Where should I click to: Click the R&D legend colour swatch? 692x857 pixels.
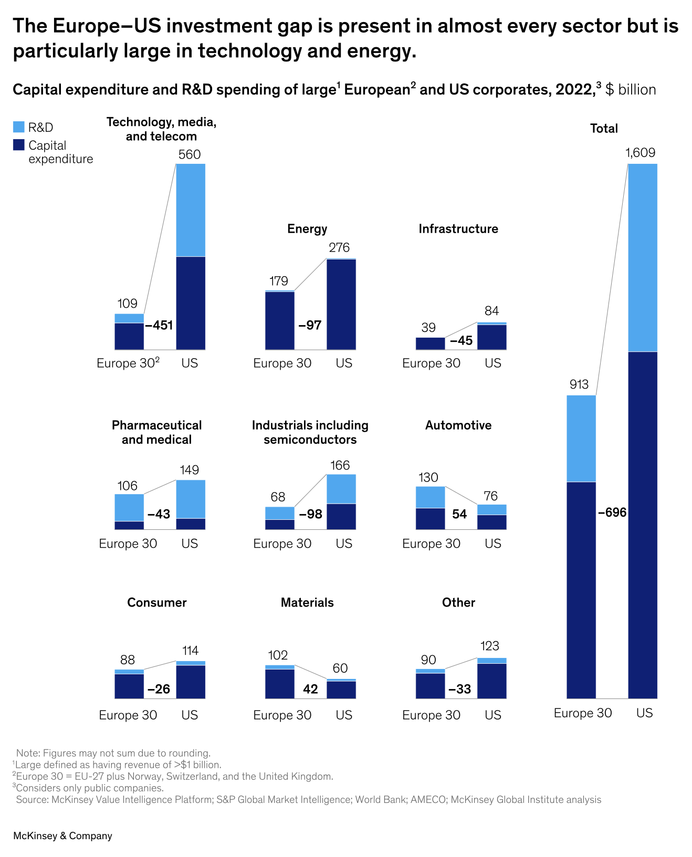[x=19, y=127]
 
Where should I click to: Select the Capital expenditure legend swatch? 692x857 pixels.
[x=19, y=145]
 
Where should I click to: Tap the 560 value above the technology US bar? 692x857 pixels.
[x=190, y=154]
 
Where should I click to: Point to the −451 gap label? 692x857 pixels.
[x=159, y=326]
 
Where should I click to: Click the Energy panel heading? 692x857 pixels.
[x=307, y=229]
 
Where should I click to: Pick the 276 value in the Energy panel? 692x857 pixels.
[x=339, y=248]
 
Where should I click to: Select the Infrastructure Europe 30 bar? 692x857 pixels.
[x=430, y=343]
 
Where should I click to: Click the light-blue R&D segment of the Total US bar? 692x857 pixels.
[x=642, y=257]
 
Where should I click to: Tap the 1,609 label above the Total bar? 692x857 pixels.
[x=641, y=153]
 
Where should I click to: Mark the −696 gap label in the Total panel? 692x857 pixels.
[x=612, y=513]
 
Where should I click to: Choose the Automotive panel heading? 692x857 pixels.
[x=458, y=425]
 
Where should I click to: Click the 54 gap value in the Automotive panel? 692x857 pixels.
[x=459, y=515]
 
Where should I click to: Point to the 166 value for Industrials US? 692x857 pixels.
[x=340, y=466]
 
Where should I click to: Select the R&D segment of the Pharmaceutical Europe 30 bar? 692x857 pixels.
[x=129, y=507]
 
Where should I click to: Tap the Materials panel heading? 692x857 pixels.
[x=307, y=603]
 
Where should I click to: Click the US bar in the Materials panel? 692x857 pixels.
[x=341, y=689]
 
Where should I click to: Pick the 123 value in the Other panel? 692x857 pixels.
[x=490, y=646]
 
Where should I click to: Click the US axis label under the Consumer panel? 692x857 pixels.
[x=190, y=715]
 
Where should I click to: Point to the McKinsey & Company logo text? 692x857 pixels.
[x=62, y=836]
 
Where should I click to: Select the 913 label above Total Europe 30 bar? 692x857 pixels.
[x=579, y=385]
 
